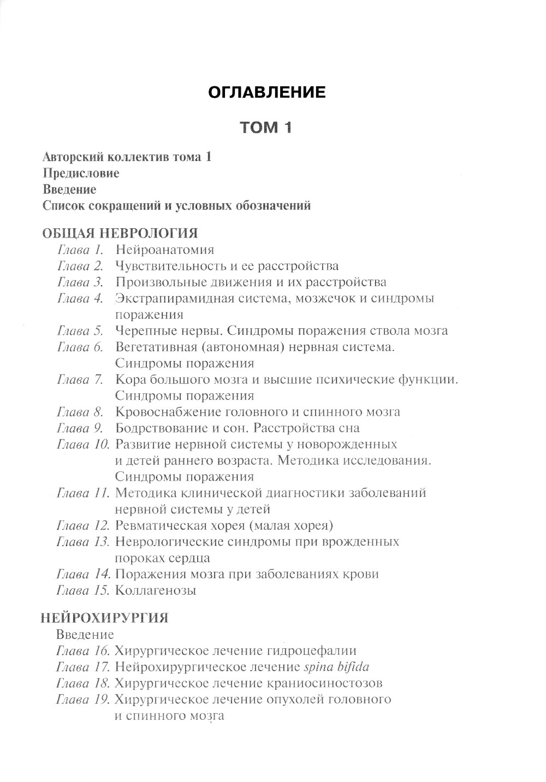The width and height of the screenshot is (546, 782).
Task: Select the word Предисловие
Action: tap(81, 174)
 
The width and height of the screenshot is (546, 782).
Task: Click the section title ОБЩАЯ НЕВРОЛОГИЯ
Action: tap(120, 234)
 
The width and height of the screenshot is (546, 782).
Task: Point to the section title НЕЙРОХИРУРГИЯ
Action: tap(105, 618)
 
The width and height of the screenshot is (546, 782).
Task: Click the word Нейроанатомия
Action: tap(164, 250)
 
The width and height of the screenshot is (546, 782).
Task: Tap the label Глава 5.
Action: tap(80, 331)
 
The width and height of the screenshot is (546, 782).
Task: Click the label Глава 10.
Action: tap(82, 445)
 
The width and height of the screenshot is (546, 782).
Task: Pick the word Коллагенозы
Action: tap(156, 590)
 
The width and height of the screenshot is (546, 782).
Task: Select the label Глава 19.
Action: tap(82, 700)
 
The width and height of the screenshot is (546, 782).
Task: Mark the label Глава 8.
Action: tap(80, 412)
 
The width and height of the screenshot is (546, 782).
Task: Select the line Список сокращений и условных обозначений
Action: tap(176, 206)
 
